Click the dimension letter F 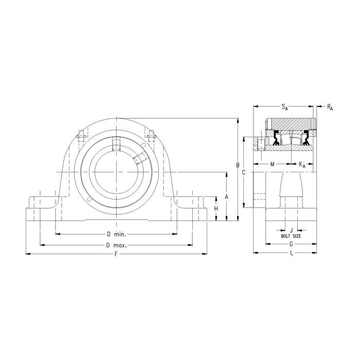coord(116,254)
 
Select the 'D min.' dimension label coord(116,235)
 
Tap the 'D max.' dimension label coord(116,245)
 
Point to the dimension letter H coord(216,209)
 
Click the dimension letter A coord(227,197)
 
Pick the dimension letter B coord(238,165)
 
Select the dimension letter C coord(244,172)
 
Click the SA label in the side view coord(285,107)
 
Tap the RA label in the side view coord(330,107)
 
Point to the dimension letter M coord(272,164)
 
